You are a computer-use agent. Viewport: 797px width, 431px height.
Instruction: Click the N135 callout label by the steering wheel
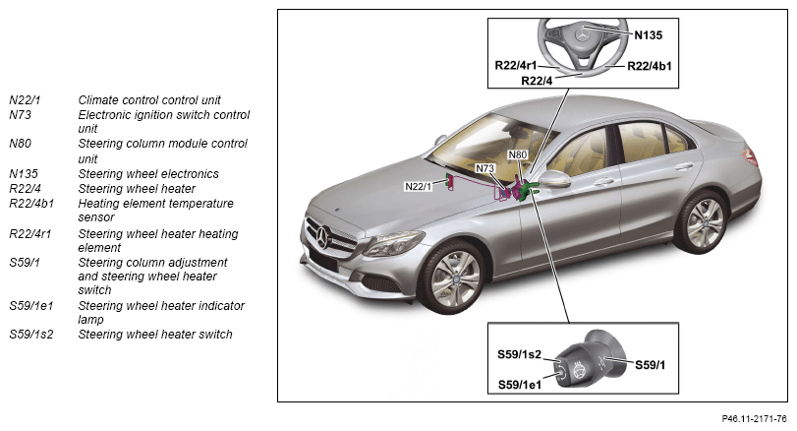click(x=648, y=35)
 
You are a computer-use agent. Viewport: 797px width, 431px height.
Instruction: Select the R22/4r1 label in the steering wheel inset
click(x=515, y=65)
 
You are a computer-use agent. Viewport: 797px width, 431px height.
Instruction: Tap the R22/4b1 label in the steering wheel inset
click(x=649, y=66)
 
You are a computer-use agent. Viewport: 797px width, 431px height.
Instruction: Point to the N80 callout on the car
click(x=518, y=154)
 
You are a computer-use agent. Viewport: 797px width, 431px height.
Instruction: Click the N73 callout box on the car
click(x=484, y=168)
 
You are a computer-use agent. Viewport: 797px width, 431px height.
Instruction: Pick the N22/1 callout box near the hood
click(x=418, y=186)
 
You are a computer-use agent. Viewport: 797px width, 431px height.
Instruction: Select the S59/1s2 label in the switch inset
click(x=519, y=354)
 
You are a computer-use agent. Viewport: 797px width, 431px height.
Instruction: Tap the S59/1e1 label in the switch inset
click(x=520, y=385)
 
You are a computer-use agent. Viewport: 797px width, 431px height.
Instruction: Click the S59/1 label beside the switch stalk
click(x=651, y=365)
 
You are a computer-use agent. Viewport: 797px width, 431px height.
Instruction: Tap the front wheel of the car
click(x=454, y=277)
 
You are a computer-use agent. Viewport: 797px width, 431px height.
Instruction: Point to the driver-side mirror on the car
click(x=554, y=178)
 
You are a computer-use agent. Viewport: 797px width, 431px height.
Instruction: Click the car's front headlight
click(x=393, y=244)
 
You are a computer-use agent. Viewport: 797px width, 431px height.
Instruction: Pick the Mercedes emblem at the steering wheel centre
click(x=583, y=35)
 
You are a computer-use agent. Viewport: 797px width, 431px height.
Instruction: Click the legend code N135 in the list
click(x=24, y=174)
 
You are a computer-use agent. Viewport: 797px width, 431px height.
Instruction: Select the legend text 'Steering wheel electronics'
click(x=148, y=174)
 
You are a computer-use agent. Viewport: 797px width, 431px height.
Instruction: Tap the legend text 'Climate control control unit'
click(x=149, y=100)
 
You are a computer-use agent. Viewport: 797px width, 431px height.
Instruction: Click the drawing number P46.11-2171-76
click(x=755, y=419)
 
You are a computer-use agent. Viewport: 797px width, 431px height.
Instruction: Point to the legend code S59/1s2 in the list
click(x=31, y=335)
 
